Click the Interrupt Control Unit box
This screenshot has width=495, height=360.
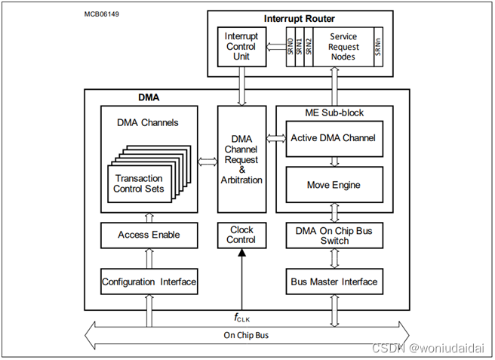241,47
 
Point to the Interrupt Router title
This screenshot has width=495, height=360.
300,18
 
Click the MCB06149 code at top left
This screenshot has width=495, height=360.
100,14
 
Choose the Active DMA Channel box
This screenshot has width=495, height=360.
334,138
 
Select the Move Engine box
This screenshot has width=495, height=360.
334,184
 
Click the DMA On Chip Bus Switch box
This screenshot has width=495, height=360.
334,235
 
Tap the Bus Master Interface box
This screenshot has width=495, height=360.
334,282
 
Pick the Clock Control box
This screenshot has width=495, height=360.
241,235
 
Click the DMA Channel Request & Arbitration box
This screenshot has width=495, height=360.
241,159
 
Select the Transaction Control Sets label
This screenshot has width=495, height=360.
138,183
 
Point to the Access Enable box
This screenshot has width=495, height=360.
149,235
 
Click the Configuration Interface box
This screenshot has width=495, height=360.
149,282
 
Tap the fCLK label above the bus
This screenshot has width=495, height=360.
242,318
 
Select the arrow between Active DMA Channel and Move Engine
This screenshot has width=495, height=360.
334,161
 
